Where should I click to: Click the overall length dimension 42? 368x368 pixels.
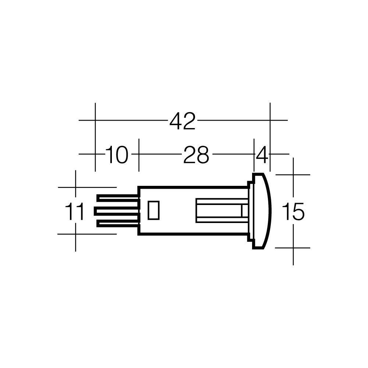(x=183, y=121)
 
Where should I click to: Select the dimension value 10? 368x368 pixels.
(x=117, y=155)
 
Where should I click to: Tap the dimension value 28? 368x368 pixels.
(x=196, y=155)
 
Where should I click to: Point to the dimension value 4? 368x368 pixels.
(x=262, y=155)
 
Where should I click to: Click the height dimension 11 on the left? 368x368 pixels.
(x=74, y=212)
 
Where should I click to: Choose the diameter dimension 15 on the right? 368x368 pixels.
(x=293, y=212)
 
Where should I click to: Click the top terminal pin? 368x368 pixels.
(x=118, y=198)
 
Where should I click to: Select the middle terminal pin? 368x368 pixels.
(x=116, y=211)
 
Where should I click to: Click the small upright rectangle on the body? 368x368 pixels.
(x=153, y=210)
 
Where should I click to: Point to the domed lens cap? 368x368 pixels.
(x=262, y=211)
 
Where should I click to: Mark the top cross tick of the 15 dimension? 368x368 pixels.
(x=293, y=174)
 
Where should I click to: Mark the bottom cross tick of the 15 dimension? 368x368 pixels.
(x=293, y=248)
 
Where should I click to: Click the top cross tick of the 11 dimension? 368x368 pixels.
(x=75, y=187)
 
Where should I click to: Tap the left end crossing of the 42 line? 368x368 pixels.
(x=95, y=120)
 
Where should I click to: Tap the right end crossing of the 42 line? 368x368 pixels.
(x=270, y=120)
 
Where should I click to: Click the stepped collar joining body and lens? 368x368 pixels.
(x=250, y=211)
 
